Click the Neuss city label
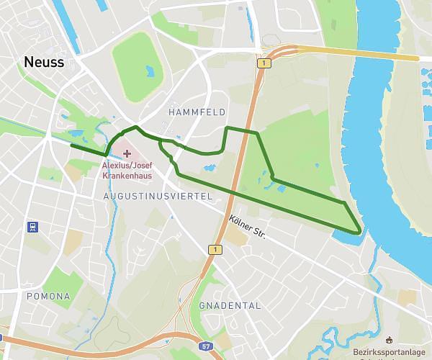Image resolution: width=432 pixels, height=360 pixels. (44, 63)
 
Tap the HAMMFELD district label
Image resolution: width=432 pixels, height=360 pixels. (197, 112)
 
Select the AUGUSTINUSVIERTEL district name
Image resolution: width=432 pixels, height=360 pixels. (157, 196)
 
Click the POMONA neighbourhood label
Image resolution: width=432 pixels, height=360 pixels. (48, 296)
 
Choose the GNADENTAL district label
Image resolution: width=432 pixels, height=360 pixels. (230, 305)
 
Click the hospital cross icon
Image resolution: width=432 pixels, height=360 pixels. (127, 153)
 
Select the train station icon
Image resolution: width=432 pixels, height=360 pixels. (32, 226)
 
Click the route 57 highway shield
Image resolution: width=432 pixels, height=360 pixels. (207, 347)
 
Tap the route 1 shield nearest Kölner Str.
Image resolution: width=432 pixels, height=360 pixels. (215, 249)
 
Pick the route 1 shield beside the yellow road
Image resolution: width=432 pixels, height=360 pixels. (266, 63)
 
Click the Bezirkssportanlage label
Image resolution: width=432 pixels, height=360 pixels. (389, 353)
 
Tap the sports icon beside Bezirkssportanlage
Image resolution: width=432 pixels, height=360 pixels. (390, 340)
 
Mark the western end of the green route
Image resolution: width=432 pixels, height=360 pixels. (71, 145)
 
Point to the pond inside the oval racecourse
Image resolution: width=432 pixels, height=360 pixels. (150, 71)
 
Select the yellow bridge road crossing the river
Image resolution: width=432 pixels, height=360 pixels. (360, 53)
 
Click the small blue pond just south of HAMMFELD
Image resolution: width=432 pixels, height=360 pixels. (209, 168)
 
